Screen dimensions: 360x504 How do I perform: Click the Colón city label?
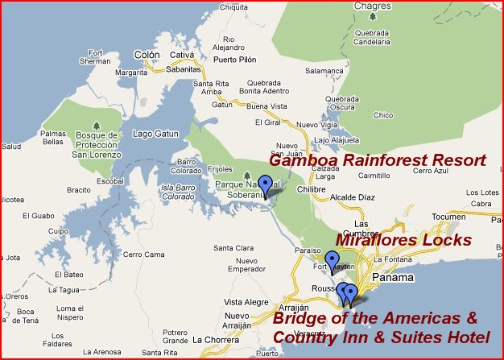[147, 55]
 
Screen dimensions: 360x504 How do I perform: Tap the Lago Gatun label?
[153, 133]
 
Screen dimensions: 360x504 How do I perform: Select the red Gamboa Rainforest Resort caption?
[377, 160]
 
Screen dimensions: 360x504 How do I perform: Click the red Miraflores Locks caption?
[403, 240]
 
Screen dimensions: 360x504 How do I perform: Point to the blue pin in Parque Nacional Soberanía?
[266, 186]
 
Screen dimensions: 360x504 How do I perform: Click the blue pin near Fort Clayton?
[332, 262]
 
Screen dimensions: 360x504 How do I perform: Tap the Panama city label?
[393, 278]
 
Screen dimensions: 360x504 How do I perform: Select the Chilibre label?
[310, 189]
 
